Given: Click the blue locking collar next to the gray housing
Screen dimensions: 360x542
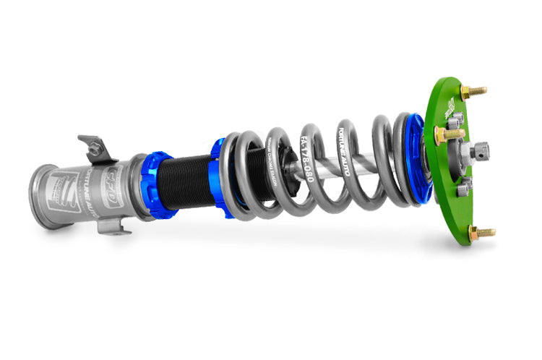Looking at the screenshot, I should (x=160, y=185).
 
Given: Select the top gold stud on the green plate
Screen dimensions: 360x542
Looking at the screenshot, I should (x=473, y=92).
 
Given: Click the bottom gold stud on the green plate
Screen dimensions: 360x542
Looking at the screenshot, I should (x=482, y=233).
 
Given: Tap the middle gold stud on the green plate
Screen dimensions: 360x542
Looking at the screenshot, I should (x=448, y=134).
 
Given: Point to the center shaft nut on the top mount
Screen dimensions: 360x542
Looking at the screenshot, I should (x=478, y=152).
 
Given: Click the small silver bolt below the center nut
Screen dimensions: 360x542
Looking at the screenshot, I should (x=464, y=187).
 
